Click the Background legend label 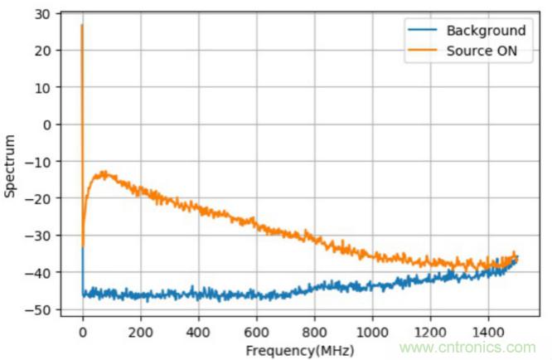coord(486,31)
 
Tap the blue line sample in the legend coord(423,31)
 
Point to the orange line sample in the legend coord(423,50)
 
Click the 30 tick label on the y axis coord(42,14)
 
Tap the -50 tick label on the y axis coord(39,309)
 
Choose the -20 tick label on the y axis coord(39,198)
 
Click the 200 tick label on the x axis coord(141,332)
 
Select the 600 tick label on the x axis coord(256,332)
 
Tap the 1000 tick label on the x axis coord(371,332)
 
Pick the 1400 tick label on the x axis coord(487,332)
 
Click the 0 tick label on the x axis coord(83,332)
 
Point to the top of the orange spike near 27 coord(82,26)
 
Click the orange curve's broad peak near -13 coord(104,173)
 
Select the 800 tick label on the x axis coord(314,332)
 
